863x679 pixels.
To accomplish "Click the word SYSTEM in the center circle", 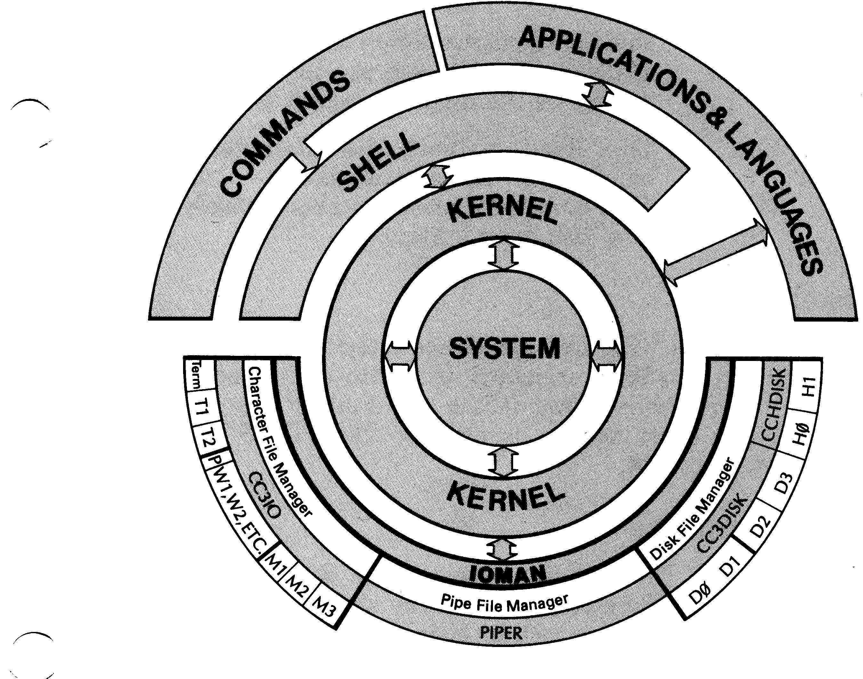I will [504, 349].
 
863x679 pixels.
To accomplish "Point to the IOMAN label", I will [507, 574].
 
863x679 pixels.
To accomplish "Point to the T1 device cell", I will [201, 408].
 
